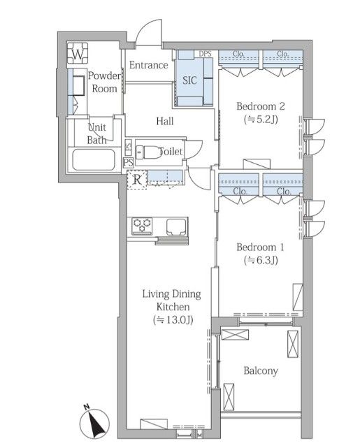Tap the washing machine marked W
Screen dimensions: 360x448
(x=78, y=53)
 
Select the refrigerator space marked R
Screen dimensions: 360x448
(x=137, y=180)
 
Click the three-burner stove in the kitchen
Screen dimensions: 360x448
(x=142, y=226)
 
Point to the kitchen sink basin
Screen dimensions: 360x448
(x=176, y=226)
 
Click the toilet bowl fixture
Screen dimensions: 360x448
(x=148, y=152)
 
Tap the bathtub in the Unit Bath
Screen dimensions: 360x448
(x=94, y=159)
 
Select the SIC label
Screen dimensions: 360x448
(x=189, y=80)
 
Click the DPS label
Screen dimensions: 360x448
(x=205, y=53)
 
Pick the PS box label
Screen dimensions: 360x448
(x=129, y=162)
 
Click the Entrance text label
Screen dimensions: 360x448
(x=149, y=65)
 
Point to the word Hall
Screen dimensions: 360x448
(x=165, y=121)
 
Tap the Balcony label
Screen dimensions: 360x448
(x=261, y=371)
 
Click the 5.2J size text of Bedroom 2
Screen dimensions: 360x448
(x=261, y=119)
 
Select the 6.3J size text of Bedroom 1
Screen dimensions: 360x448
(x=261, y=260)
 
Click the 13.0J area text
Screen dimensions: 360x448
(x=173, y=319)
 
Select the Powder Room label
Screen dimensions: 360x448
(x=104, y=82)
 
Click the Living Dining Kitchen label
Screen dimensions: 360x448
(x=172, y=301)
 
